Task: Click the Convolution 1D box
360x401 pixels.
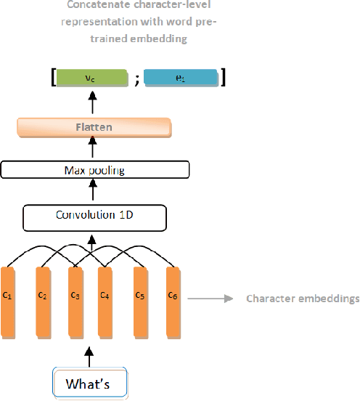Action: (95, 216)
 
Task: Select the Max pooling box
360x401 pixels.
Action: (95, 170)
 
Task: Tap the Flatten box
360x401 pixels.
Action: (94, 129)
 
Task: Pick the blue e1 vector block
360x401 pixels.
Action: (181, 78)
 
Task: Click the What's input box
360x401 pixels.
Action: (90, 382)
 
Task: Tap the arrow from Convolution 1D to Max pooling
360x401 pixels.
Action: (93, 191)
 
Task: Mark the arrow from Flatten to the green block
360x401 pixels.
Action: (93, 104)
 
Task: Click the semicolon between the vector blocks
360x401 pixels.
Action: (136, 79)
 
